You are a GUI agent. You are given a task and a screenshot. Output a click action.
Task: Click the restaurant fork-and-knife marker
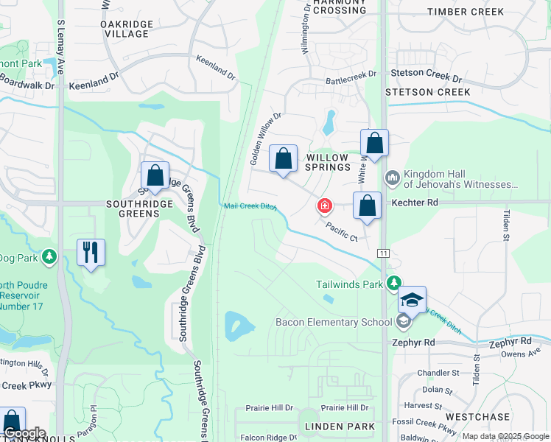pyautogui.click(x=91, y=253)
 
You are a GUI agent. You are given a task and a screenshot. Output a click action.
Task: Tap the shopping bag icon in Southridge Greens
pyautogui.click(x=155, y=176)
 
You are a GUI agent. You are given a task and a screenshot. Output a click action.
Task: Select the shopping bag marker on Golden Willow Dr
pyautogui.click(x=283, y=158)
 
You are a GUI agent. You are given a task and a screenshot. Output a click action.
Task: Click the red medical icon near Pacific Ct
pyautogui.click(x=323, y=206)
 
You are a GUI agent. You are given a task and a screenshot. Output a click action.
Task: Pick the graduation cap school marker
pyautogui.click(x=413, y=300)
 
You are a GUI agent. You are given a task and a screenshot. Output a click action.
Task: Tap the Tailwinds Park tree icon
pyautogui.click(x=395, y=283)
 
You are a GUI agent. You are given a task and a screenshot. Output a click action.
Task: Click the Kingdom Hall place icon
pyautogui.click(x=392, y=178)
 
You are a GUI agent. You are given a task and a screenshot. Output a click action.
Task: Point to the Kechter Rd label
pyautogui.click(x=415, y=202)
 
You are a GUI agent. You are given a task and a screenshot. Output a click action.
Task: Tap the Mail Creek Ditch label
pyautogui.click(x=250, y=207)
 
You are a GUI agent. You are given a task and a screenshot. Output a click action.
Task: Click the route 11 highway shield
pyautogui.click(x=384, y=253)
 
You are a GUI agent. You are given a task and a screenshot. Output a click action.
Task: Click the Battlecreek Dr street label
pyautogui.click(x=351, y=74)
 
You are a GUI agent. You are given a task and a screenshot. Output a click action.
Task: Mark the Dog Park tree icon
pyautogui.click(x=49, y=257)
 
